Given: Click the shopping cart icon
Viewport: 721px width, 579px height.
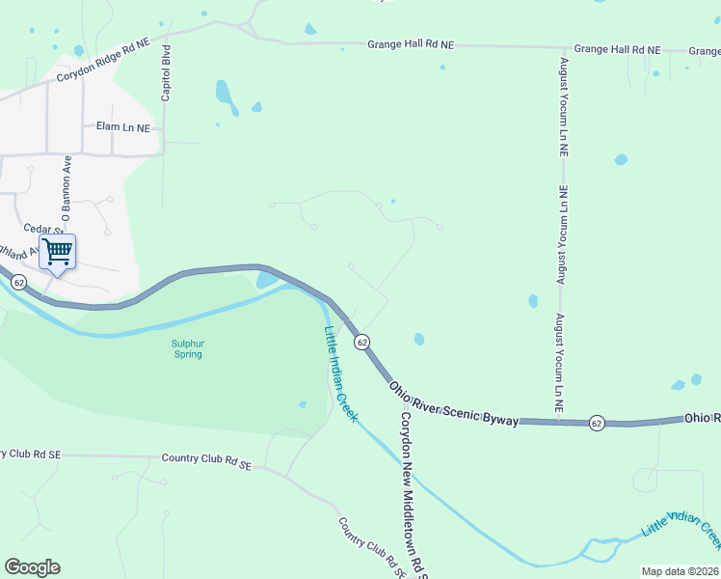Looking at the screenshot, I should click(58, 252).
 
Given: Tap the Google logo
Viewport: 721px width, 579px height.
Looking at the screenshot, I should click(32, 567).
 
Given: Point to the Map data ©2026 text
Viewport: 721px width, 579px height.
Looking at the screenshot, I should click(680, 571).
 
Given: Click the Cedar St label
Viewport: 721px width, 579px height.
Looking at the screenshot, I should click(42, 229).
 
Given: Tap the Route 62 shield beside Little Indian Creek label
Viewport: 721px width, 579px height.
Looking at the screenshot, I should click(361, 343).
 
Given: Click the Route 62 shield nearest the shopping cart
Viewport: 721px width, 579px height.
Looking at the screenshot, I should click(20, 282).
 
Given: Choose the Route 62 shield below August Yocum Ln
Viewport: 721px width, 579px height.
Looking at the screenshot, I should click(598, 423).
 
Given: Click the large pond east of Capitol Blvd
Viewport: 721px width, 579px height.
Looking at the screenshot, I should click(224, 94).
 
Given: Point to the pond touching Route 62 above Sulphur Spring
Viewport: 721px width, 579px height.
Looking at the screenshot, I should click(267, 281).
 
